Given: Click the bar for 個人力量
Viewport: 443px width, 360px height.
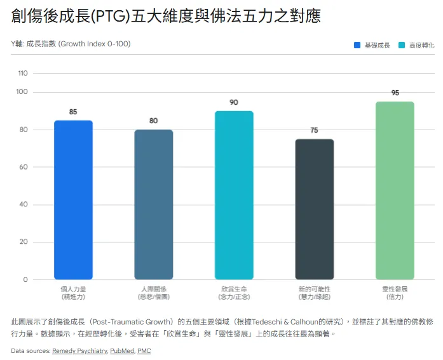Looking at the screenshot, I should tap(73, 199).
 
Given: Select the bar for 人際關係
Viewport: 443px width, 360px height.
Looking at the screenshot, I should tap(153, 204).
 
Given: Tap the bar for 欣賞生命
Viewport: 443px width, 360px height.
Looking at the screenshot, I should tap(234, 195).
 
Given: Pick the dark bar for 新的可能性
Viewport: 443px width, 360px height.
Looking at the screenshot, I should tap(314, 209).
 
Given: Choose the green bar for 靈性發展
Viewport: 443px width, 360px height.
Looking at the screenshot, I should tap(395, 190).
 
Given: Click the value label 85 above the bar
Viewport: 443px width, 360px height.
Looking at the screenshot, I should tap(73, 112).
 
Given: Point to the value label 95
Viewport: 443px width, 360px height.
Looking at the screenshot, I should tap(395, 93).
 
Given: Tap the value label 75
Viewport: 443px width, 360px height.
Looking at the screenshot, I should tap(314, 130).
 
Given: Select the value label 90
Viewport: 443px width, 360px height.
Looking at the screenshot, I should tap(234, 102).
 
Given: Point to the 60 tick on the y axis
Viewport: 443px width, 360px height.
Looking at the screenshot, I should tap(24, 167).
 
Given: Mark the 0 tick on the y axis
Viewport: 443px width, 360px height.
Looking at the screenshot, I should tap(25, 279).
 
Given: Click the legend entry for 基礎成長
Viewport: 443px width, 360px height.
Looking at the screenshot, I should tap(372, 45).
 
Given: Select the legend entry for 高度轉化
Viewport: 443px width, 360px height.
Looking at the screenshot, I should tap(417, 45).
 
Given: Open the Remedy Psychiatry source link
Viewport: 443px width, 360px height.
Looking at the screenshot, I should tap(79, 350).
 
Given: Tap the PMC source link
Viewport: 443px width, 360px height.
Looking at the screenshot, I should tap(144, 350).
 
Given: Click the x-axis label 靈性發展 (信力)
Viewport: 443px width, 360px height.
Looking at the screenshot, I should tap(395, 293).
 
